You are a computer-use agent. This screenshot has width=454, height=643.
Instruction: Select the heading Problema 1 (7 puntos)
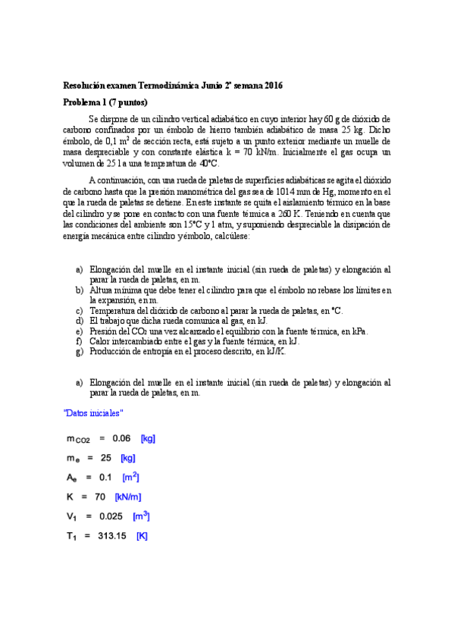click(105, 102)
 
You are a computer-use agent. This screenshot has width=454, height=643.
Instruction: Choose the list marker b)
click(80, 290)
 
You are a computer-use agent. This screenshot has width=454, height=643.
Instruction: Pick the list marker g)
click(80, 351)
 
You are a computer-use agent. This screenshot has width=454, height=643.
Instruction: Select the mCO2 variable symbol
click(79, 439)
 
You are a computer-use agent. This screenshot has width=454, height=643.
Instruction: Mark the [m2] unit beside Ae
click(131, 478)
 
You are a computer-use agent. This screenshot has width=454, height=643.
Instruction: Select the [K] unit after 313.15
click(142, 536)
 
